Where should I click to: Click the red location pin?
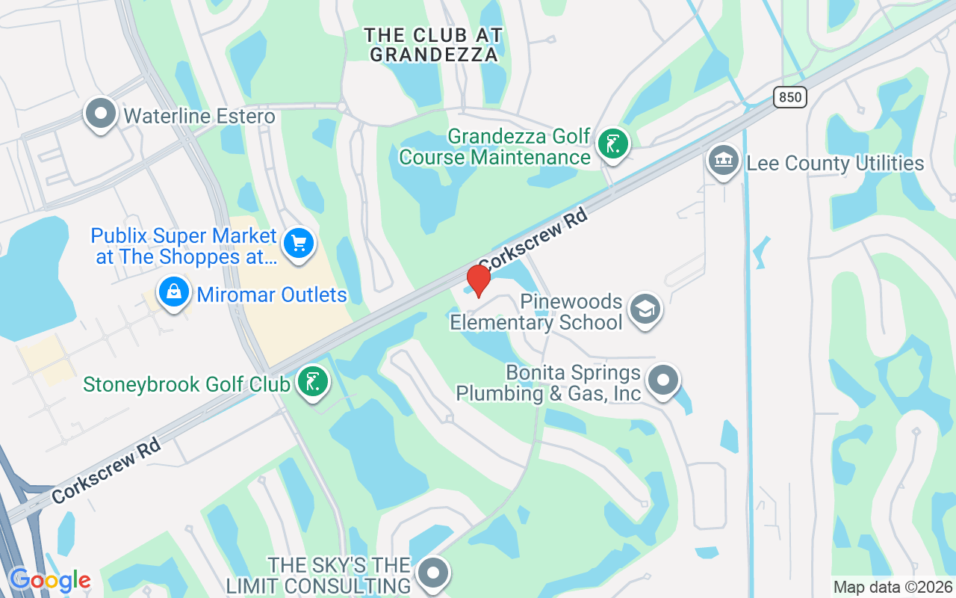(x=478, y=280)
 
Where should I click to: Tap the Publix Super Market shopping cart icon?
(x=299, y=244)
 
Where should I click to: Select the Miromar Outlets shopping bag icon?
(x=173, y=292)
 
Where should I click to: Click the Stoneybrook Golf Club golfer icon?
(x=313, y=381)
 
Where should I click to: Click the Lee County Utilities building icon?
(x=723, y=161)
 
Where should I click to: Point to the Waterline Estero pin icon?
(x=101, y=114)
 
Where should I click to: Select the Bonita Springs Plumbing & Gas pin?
(x=662, y=380)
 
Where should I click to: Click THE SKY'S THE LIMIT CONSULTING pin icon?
(x=432, y=573)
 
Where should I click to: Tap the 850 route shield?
(x=790, y=96)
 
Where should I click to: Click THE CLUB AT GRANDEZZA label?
(x=433, y=45)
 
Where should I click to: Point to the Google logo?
(x=50, y=580)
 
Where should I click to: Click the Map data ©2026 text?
(x=893, y=587)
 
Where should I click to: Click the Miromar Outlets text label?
(x=271, y=295)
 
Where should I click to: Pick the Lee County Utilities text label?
(x=835, y=163)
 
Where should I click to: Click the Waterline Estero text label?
(x=199, y=117)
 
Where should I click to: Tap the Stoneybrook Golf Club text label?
(x=186, y=384)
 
